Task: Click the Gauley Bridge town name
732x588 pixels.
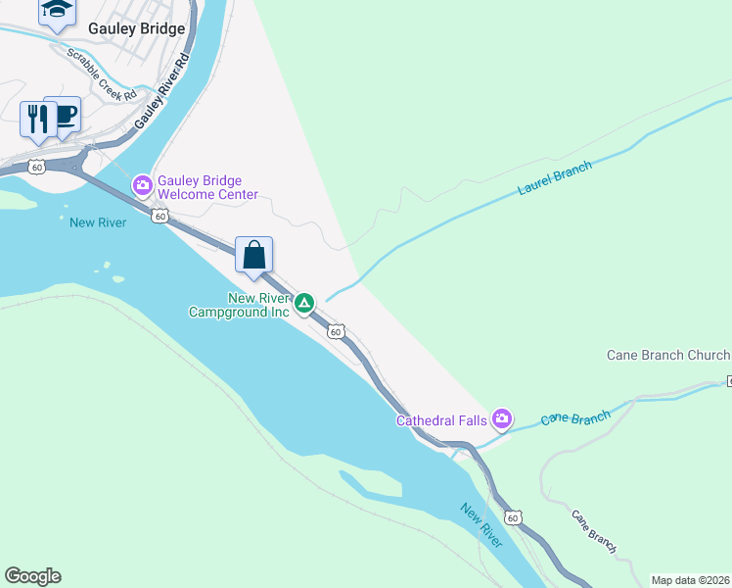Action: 136,28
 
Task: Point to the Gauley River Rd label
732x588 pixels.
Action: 161,92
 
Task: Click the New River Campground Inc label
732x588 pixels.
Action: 239,305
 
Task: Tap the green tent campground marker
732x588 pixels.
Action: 305,303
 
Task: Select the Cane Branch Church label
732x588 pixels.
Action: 668,355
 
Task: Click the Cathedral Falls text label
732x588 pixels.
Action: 441,420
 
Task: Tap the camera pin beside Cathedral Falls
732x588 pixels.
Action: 502,419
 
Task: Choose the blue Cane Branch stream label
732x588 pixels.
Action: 575,417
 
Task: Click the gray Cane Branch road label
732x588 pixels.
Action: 594,531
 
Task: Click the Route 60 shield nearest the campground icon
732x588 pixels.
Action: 336,332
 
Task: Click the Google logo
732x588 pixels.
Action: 32,576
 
